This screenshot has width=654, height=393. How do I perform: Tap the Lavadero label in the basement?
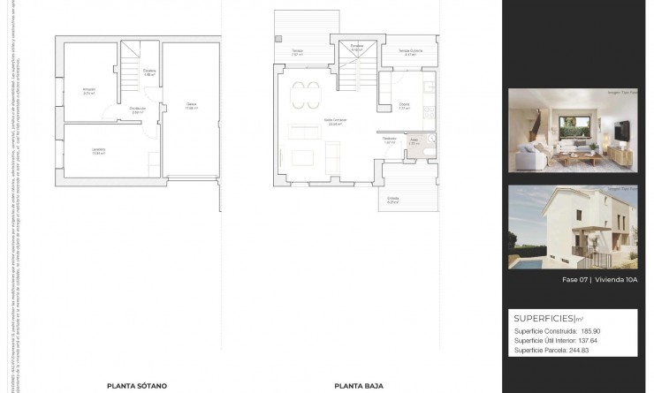tap(98, 150)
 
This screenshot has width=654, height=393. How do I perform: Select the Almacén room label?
tap(88, 90)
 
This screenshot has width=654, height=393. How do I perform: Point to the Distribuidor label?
tap(137, 110)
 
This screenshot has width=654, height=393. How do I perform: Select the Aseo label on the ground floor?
tap(414, 139)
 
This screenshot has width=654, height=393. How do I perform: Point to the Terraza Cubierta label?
tap(410, 49)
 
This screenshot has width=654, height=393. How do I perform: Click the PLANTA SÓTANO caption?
tap(137, 385)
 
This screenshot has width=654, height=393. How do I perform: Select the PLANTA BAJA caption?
tap(352, 385)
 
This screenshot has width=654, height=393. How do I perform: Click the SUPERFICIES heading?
tap(543, 317)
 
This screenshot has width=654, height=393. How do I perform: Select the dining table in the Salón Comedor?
tap(308, 89)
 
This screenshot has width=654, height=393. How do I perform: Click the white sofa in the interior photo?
tap(544, 156)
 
